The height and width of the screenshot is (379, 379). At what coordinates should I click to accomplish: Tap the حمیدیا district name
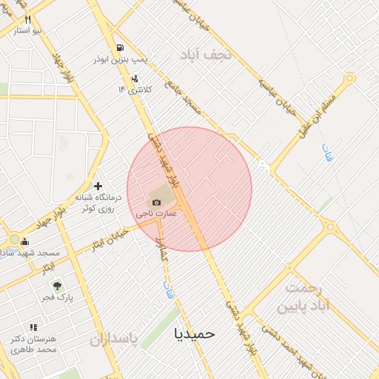(195, 333)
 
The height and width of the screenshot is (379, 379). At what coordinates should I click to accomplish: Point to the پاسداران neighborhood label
(114, 340)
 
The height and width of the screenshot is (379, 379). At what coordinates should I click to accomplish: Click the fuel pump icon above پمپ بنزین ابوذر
(120, 48)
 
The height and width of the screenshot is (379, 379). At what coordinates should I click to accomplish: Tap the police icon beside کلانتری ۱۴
(135, 78)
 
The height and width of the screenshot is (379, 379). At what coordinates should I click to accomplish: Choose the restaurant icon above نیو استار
(28, 19)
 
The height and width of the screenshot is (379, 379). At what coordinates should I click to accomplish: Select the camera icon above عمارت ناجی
(156, 202)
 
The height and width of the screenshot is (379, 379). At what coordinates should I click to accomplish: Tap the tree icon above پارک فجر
(58, 286)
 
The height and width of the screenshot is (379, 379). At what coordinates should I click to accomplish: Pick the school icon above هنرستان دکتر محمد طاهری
(33, 327)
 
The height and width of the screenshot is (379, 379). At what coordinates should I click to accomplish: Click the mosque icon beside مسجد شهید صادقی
(26, 241)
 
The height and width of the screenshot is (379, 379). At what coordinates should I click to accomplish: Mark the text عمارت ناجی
(155, 213)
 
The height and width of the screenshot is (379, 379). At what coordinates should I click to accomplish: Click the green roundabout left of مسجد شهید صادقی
(13, 240)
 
